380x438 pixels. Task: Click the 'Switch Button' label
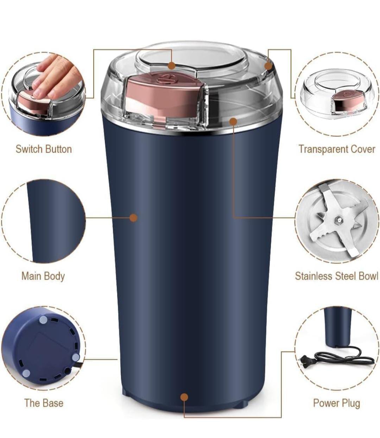44,149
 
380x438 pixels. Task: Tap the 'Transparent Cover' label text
337,149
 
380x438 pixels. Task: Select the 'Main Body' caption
43,276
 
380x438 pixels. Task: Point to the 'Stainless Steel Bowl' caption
337,276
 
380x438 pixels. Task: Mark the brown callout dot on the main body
133,218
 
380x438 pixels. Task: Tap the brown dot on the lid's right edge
268,66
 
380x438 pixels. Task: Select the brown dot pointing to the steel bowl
233,121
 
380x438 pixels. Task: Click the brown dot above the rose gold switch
172,66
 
